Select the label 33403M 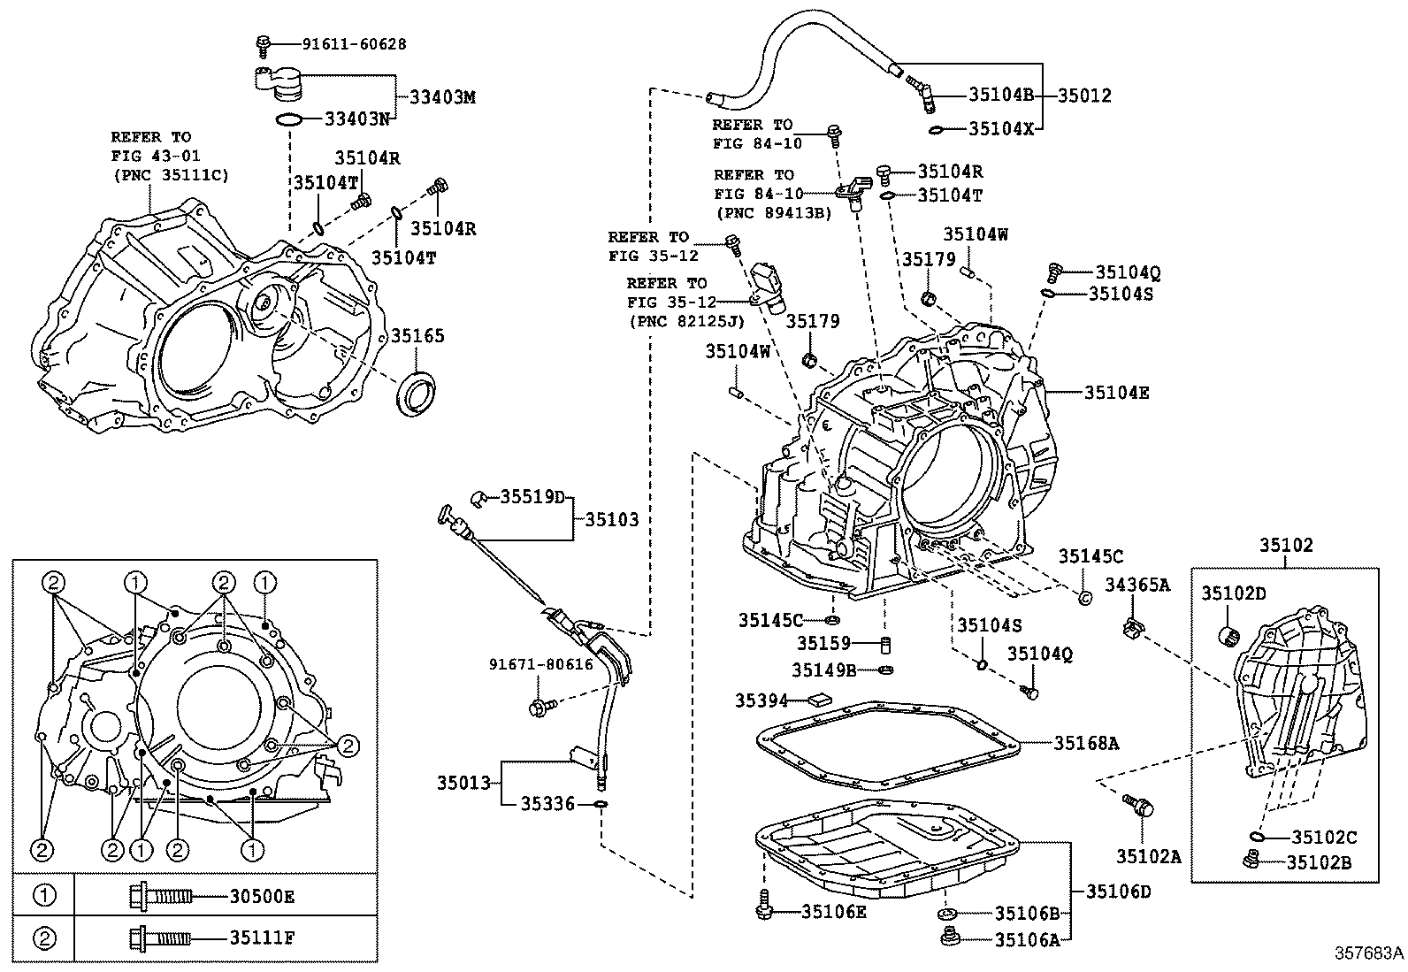[442, 97]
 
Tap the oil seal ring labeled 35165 [418, 394]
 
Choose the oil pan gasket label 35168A [1086, 744]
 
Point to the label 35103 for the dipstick [611, 519]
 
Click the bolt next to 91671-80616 [539, 707]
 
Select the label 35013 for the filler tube [463, 783]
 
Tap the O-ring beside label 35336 [600, 804]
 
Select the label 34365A [1136, 584]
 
